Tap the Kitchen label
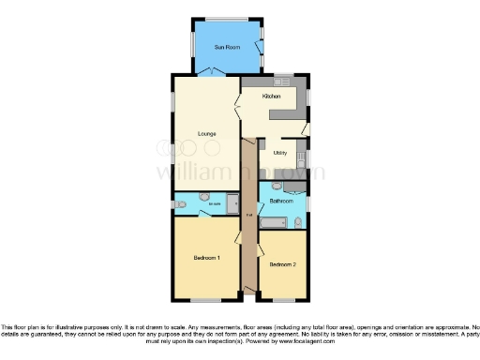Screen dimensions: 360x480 click(271, 97)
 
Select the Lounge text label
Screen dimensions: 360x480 click(207, 133)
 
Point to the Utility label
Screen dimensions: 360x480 click(279, 152)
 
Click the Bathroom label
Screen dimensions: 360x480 click(281, 201)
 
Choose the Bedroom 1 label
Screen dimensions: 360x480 click(206, 257)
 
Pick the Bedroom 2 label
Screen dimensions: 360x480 click(282, 264)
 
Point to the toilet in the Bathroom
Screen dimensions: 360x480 click(297, 222)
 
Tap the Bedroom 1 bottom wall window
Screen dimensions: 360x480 click(205, 300)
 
